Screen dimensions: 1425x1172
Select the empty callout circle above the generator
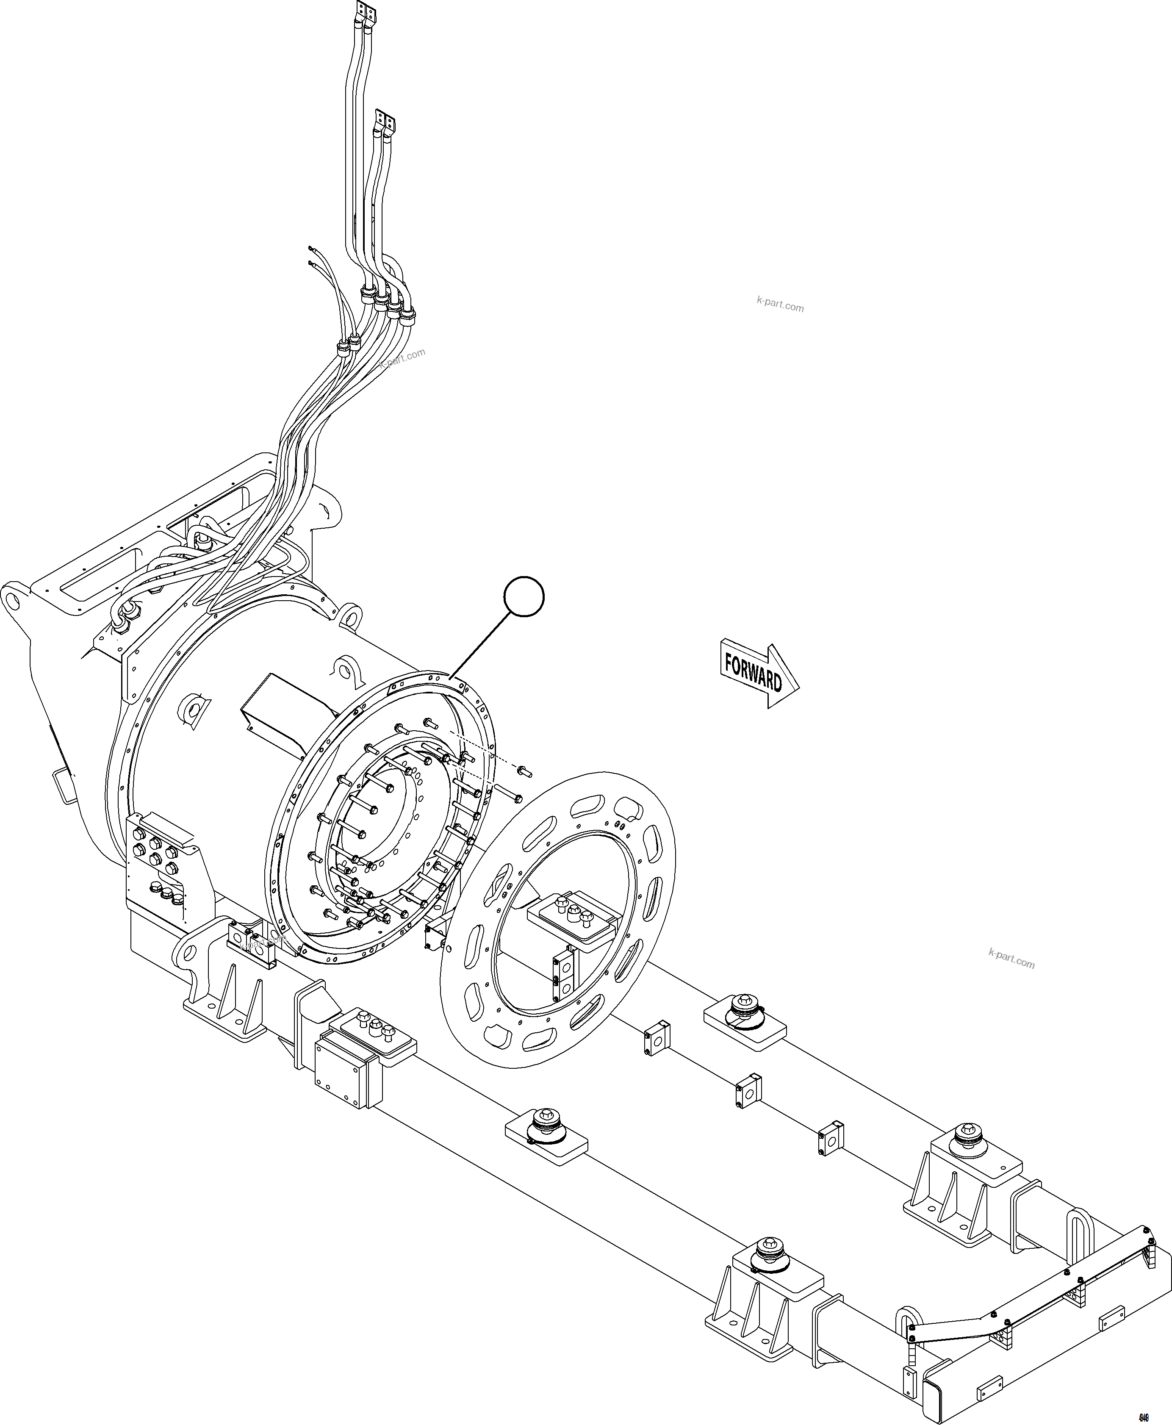pos(524,596)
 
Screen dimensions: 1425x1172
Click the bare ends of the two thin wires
pos(310,255)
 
